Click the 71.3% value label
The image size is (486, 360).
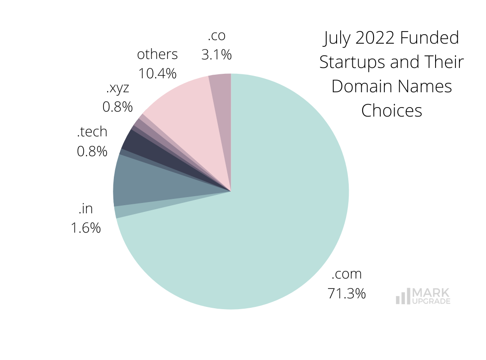[346, 293]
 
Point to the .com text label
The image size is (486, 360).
[346, 274]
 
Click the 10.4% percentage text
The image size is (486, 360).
[157, 73]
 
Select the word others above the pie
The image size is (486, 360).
[157, 54]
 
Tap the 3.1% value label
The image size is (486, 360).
[216, 55]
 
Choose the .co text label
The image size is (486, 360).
[216, 36]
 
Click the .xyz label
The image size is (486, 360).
[117, 88]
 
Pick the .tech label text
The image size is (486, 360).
[92, 132]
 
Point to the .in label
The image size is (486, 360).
[85, 209]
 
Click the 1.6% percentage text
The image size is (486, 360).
[85, 228]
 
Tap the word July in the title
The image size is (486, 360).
[337, 38]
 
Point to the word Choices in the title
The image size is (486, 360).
[391, 110]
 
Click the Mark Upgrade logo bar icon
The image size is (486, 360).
[403, 296]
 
